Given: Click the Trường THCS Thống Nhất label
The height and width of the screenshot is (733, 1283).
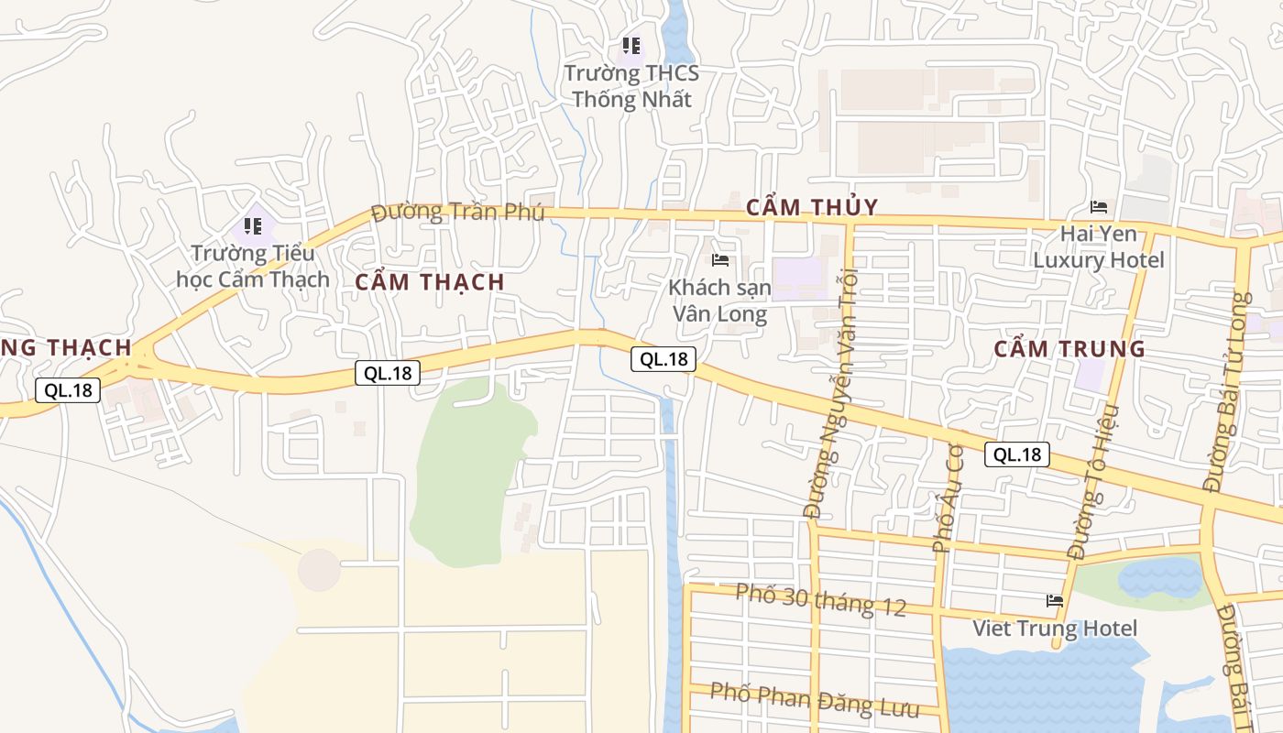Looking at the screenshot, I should [631, 86].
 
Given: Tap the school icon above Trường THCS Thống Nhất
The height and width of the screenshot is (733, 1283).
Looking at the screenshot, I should [631, 45].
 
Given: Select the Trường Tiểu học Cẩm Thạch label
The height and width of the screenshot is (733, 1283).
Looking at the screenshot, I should [253, 266].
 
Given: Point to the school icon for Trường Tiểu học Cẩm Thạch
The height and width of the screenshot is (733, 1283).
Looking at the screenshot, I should [253, 224].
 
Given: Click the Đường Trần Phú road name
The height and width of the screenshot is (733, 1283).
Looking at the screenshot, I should [458, 213].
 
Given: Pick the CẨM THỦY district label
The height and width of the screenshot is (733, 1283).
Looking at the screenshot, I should [812, 207].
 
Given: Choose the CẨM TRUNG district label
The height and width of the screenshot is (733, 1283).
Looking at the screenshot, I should [1069, 348].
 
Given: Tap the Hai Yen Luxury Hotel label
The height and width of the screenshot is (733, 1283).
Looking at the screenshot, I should [1099, 247].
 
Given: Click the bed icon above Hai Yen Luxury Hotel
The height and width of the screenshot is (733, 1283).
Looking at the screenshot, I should [1099, 207].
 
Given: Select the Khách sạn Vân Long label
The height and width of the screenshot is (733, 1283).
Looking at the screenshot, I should [720, 301].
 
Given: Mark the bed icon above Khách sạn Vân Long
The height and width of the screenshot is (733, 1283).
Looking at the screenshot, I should [720, 260].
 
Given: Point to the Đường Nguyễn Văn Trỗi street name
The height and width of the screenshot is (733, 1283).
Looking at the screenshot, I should [834, 394].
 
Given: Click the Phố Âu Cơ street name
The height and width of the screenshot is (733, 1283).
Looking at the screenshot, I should [949, 495].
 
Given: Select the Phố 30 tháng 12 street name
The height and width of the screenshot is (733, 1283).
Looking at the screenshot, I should [821, 600].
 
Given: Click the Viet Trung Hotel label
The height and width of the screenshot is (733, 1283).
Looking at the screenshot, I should [1055, 629].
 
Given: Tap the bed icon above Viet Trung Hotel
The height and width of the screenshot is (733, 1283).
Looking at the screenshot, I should [1055, 601].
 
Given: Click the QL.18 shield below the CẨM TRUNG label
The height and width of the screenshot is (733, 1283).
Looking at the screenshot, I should [1017, 454].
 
